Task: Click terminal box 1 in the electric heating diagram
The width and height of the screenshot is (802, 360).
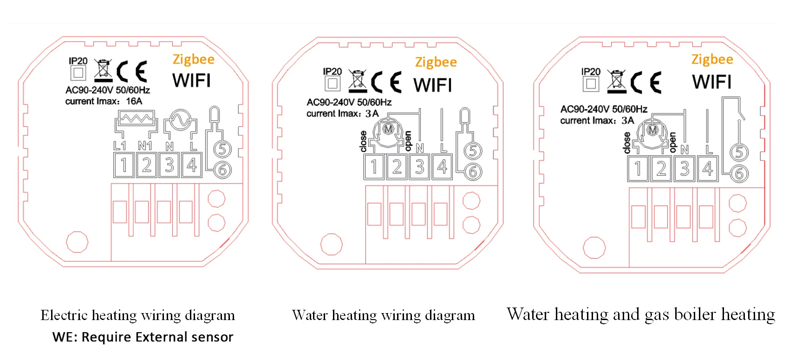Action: click(124, 165)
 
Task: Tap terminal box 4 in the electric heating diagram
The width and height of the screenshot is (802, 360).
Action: click(192, 165)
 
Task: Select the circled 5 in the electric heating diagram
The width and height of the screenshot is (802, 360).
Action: click(222, 150)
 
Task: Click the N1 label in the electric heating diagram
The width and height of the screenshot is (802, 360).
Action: click(145, 146)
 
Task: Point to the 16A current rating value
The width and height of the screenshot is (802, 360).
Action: click(134, 101)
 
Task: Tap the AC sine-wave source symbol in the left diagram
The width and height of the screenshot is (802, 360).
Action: click(180, 121)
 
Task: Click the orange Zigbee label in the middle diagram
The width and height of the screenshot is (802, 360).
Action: click(436, 62)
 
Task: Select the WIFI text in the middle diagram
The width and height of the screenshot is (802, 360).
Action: click(432, 85)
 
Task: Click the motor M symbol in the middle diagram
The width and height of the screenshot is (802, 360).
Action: click(388, 129)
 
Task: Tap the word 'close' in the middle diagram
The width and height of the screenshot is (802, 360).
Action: click(364, 141)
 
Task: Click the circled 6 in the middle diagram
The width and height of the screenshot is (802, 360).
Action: click(473, 172)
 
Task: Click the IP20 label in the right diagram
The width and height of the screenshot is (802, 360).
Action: click(591, 72)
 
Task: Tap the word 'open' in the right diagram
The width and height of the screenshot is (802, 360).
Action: click(672, 142)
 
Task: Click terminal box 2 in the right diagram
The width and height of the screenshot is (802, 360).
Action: click(661, 169)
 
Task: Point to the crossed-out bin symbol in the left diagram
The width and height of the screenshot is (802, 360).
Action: click(103, 69)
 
